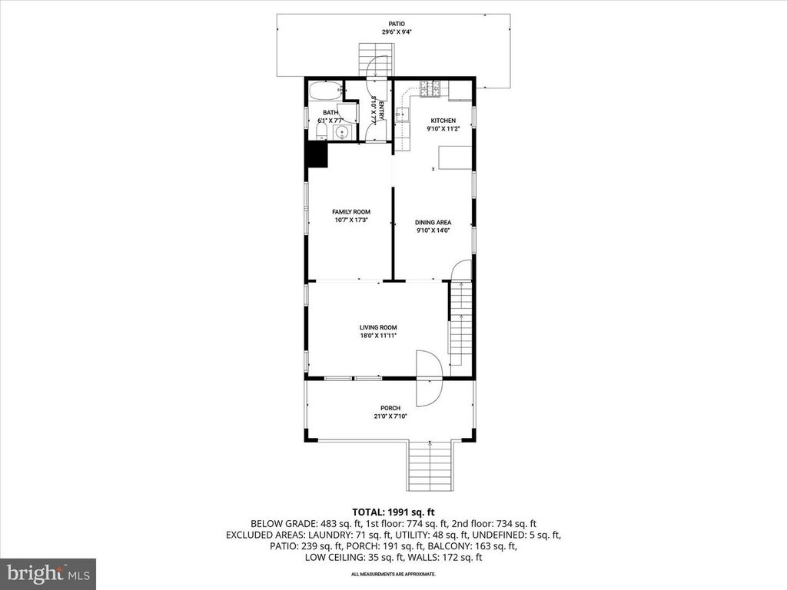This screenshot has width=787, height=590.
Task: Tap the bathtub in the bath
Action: (x=325, y=94)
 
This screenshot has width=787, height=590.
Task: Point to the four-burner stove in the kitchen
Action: (x=427, y=91)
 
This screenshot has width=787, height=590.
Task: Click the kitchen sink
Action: (x=402, y=116)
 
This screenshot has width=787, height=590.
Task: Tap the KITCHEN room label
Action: (x=443, y=121)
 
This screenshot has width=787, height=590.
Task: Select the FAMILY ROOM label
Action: (x=351, y=212)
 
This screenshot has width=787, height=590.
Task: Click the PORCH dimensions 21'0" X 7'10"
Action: (x=390, y=416)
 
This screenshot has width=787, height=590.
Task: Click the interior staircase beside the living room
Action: (x=459, y=323)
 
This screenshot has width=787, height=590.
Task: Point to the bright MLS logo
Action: (x=48, y=573)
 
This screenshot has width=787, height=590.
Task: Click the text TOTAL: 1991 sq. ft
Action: (x=393, y=511)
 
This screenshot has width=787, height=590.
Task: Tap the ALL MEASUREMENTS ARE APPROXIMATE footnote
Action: (x=393, y=574)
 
